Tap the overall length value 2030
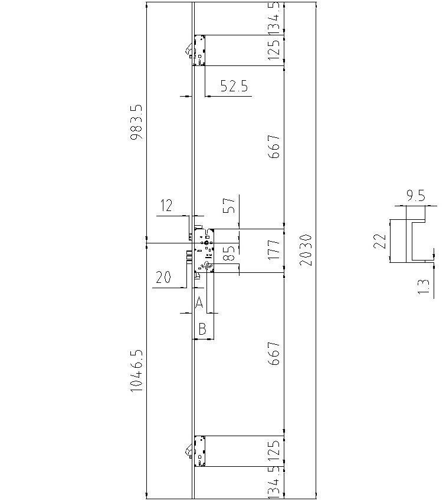[x=305, y=250]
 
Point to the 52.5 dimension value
[x=234, y=86]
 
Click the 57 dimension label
[x=229, y=205]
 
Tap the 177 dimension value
[x=274, y=250]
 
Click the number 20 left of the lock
[x=163, y=278]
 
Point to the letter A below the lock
[x=199, y=303]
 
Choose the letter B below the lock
[x=202, y=329]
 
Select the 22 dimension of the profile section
[x=381, y=240]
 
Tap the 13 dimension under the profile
[x=422, y=286]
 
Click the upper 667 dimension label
[x=274, y=146]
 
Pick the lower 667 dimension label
[x=274, y=353]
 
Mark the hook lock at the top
[x=199, y=50]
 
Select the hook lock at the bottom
[x=199, y=451]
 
